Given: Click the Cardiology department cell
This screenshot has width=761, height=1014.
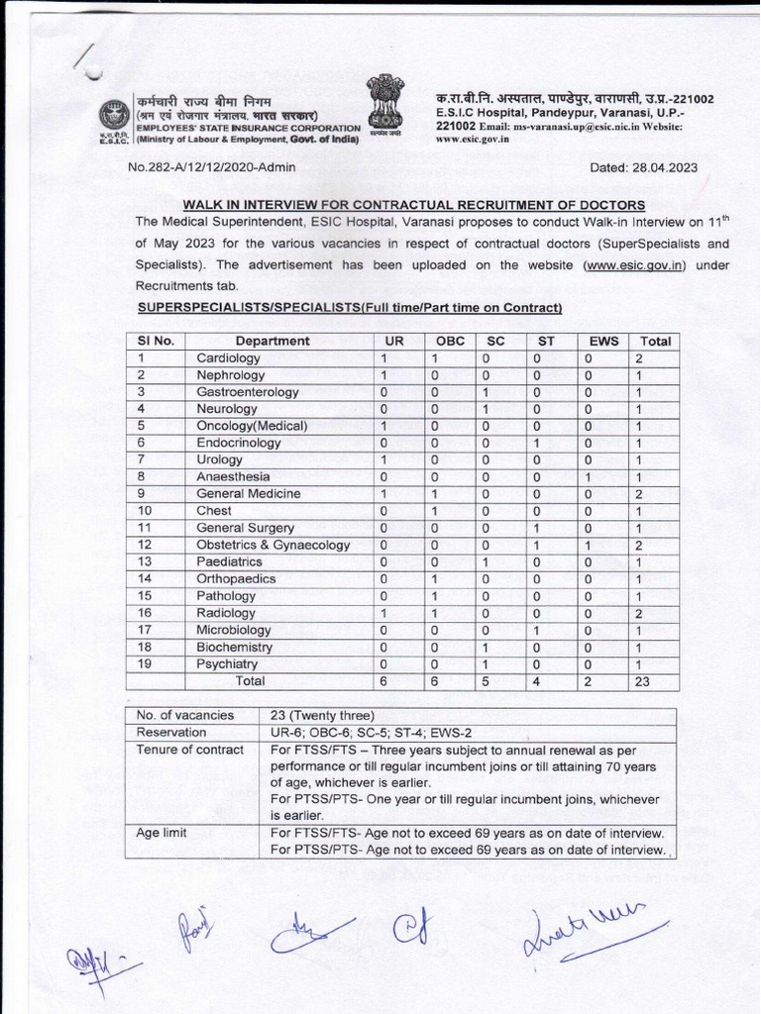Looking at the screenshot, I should [x=228, y=358].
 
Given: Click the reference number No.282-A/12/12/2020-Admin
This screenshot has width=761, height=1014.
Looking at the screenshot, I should [x=211, y=167].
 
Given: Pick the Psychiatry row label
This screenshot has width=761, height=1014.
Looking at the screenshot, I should [x=227, y=664].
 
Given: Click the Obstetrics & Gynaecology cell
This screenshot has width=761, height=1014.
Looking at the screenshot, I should [x=272, y=546].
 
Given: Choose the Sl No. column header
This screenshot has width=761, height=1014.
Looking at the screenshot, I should [x=157, y=341].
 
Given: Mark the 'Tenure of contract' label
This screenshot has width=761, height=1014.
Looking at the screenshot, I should [x=190, y=750].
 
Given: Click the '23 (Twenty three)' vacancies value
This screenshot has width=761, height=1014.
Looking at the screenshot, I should [x=323, y=715].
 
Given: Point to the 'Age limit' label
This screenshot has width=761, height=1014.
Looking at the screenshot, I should [x=164, y=834].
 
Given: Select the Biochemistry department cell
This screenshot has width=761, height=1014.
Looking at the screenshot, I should [x=234, y=648].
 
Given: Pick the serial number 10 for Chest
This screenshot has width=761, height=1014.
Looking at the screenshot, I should [x=145, y=511].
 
